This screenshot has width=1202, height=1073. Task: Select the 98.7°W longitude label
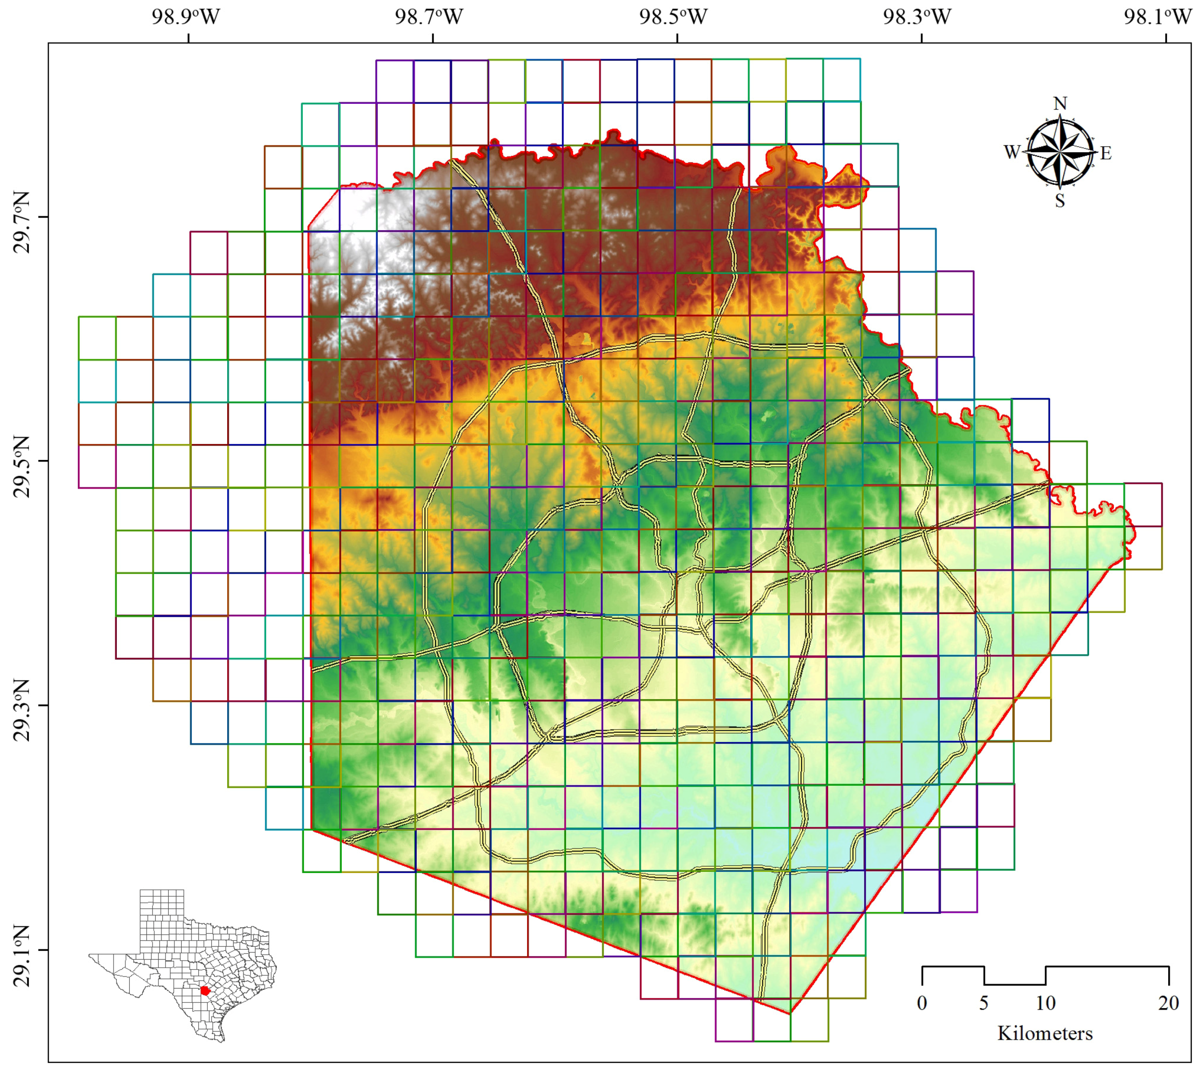tap(429, 16)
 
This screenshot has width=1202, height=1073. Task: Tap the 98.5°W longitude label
tap(673, 16)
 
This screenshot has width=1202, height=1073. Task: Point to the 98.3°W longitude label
tap(917, 16)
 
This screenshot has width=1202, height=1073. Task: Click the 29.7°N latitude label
tap(22, 230)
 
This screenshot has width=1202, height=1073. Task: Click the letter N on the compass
tap(1060, 104)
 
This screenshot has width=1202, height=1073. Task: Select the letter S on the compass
tap(1060, 202)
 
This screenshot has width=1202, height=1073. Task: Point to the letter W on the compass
tap(1012, 153)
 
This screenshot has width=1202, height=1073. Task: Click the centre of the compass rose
tap(1060, 152)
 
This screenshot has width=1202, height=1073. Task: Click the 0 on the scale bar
tap(922, 1003)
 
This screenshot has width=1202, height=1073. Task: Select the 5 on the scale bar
tap(984, 1003)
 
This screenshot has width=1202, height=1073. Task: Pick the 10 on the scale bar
tap(1046, 1003)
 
